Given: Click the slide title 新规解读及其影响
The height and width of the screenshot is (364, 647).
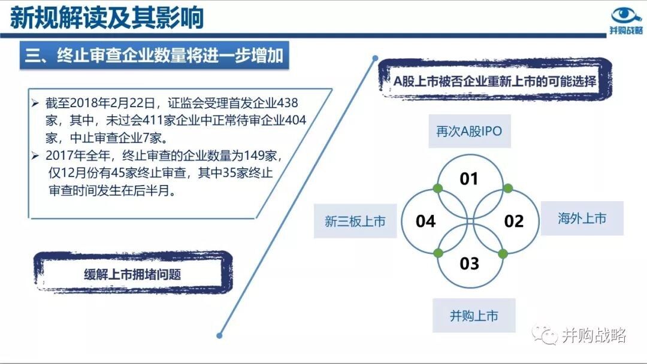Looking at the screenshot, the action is tap(107, 17).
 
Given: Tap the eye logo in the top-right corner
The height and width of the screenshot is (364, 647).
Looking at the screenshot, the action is tap(625, 15).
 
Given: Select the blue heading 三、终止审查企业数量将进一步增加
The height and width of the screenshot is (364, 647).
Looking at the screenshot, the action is tap(155, 55).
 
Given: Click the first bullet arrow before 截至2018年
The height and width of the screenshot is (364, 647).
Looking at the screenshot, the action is tap(35, 102).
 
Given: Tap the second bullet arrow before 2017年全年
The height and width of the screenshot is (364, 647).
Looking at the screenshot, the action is tap(35, 156).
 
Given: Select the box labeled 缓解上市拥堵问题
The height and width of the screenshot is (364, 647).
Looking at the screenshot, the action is tap(133, 274).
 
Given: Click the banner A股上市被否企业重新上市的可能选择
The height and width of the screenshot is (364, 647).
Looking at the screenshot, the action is tap(495, 80).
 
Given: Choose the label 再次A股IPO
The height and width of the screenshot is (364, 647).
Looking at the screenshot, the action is tap(470, 131).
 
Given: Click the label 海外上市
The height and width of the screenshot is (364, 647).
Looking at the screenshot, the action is tap(582, 218).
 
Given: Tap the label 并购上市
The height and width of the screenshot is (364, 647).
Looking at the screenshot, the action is tap(474, 316).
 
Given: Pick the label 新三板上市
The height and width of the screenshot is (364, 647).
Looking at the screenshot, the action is tap(355, 221).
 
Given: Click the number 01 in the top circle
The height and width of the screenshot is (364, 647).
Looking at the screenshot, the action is tap(469, 179).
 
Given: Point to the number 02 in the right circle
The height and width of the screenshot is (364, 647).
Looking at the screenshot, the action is tap(514, 222).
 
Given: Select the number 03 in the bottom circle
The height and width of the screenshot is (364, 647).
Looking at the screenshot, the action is tap(470, 263).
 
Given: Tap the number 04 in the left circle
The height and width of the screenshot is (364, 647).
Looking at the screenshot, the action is tap(425, 222).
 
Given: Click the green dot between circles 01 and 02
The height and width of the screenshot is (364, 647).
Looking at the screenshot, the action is tap(508, 189).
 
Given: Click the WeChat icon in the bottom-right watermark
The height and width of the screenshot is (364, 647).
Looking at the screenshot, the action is tap(544, 334).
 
